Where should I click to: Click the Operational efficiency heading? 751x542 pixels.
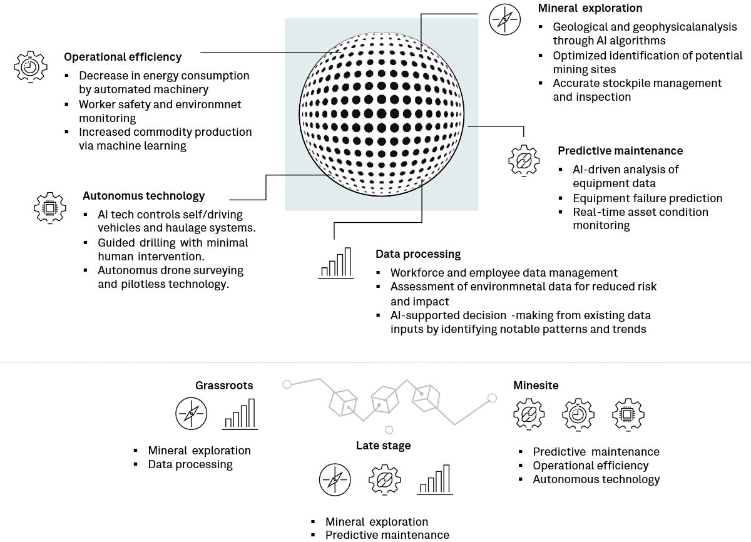[x=123, y=57]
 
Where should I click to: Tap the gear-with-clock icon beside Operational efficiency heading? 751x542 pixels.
[x=30, y=66]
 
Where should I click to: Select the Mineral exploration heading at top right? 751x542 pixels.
[x=590, y=8]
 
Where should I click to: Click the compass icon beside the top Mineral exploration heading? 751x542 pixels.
[x=505, y=19]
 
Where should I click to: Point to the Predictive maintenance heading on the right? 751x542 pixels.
[x=620, y=151]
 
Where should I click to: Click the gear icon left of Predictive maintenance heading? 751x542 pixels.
[x=524, y=159]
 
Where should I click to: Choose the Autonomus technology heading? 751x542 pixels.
[x=143, y=196]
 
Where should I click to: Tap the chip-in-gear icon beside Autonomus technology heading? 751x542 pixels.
[x=49, y=207]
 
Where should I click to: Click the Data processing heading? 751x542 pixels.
[x=418, y=254]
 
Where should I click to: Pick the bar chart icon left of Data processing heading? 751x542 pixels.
[x=335, y=263]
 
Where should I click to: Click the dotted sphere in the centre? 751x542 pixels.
[x=382, y=114]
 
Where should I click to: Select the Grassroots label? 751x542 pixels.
[x=224, y=386]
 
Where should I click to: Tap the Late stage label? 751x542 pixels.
[x=383, y=446]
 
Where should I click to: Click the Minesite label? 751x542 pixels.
[x=536, y=386]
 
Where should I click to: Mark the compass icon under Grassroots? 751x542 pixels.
[x=191, y=414]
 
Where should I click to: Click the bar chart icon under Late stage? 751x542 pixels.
[x=435, y=480]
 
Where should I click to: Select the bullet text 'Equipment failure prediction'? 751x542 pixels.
[x=648, y=198]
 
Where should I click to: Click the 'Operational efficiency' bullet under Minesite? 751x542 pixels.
[x=590, y=466]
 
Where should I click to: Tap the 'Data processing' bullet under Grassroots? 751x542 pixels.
[x=190, y=464]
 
